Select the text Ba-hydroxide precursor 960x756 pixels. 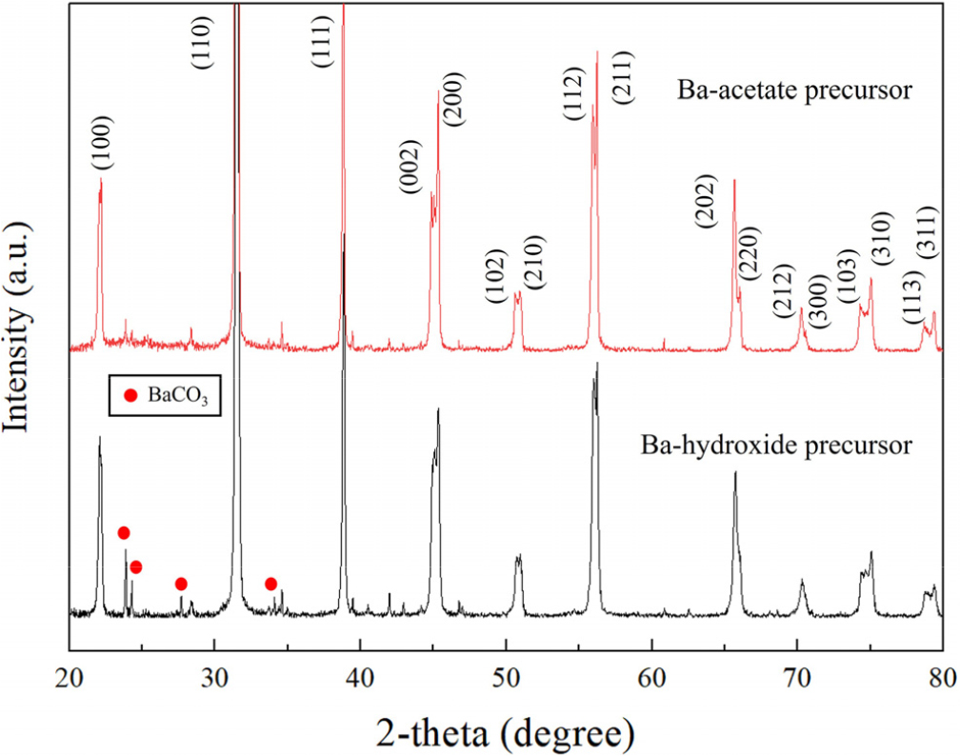pyautogui.click(x=777, y=445)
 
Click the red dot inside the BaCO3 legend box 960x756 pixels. pyautogui.click(x=130, y=395)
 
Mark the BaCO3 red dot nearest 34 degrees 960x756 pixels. pyautogui.click(x=270, y=584)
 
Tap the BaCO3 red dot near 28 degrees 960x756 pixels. pyautogui.click(x=181, y=584)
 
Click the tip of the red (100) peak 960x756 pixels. pyautogui.click(x=101, y=179)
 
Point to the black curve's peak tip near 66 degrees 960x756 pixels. pyautogui.click(x=735, y=471)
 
